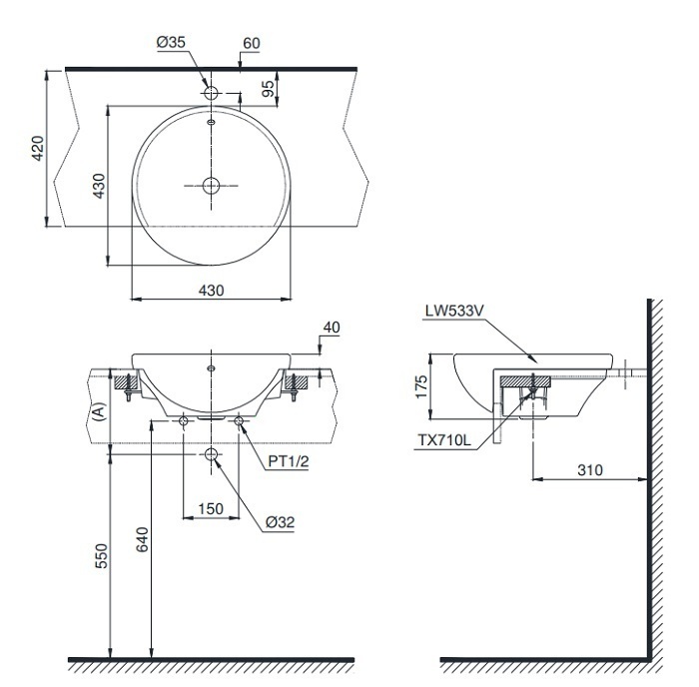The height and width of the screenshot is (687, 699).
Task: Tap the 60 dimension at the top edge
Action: click(x=251, y=44)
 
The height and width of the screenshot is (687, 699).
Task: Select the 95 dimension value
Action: click(x=268, y=89)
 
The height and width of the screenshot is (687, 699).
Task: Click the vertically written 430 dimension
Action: click(x=98, y=187)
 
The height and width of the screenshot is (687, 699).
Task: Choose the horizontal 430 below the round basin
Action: click(x=212, y=290)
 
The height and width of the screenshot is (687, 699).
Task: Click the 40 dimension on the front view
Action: click(x=332, y=327)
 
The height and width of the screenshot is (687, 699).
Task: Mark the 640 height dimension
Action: click(x=142, y=540)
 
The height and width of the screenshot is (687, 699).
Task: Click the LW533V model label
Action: click(x=453, y=311)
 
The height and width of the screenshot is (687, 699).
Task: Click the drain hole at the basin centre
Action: click(x=212, y=185)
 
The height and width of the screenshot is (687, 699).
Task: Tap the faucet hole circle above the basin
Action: click(x=212, y=91)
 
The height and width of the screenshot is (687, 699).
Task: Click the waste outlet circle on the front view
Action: click(x=212, y=455)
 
